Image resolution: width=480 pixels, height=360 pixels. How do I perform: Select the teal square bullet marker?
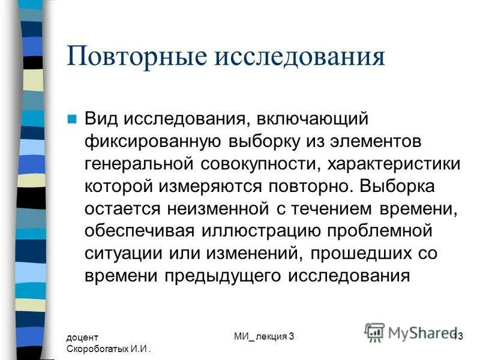click(x=73, y=119)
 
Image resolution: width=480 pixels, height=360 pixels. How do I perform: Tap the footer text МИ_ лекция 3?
click(x=264, y=337)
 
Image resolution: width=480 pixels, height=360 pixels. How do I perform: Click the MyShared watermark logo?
click(x=411, y=332)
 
